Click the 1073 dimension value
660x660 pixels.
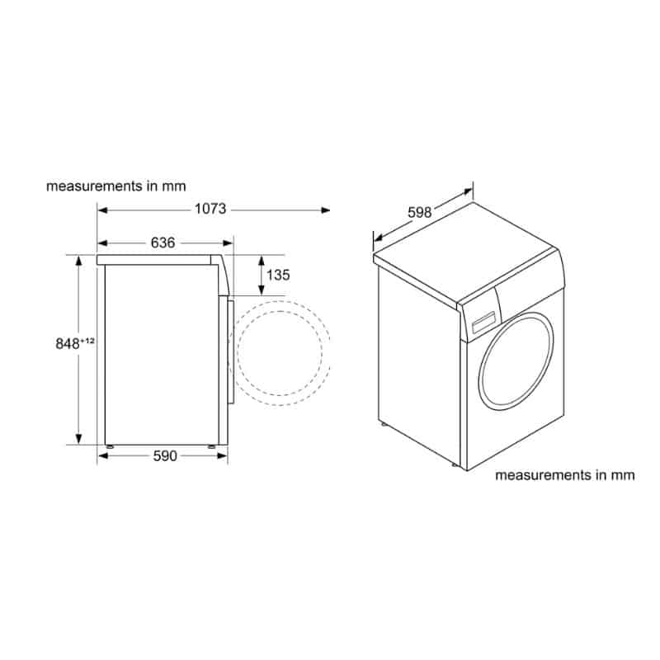210,209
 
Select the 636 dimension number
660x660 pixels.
163,243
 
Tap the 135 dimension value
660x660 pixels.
278,275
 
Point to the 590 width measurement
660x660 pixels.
165,456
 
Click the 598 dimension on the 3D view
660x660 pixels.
420,212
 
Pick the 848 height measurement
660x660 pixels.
68,344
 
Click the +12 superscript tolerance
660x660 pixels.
87,341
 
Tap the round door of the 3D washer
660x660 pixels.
516,361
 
